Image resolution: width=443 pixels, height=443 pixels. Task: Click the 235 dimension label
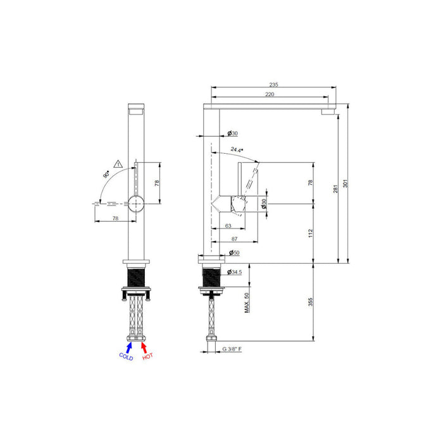(x=273, y=84)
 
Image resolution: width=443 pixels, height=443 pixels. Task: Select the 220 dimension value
(x=270, y=94)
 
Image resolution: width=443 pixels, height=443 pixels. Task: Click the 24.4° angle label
(x=237, y=150)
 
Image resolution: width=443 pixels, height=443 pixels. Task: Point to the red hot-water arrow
(x=144, y=346)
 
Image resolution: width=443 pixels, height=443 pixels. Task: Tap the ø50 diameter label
(x=234, y=253)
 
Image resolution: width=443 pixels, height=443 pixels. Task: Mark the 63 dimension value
(x=228, y=225)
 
